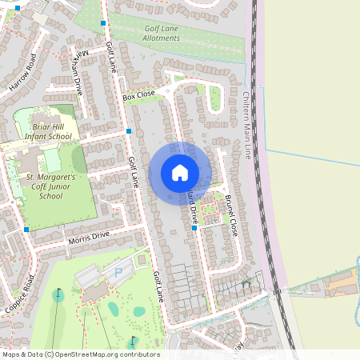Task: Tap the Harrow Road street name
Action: tap(22, 72)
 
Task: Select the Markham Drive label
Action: tap(74, 74)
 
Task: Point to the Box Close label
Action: tap(138, 95)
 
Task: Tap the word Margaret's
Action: tap(58, 176)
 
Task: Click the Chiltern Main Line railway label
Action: tap(247, 124)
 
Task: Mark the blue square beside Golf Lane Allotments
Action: tap(103, 23)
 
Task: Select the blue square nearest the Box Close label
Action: tap(128, 130)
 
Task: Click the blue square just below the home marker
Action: tap(194, 229)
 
